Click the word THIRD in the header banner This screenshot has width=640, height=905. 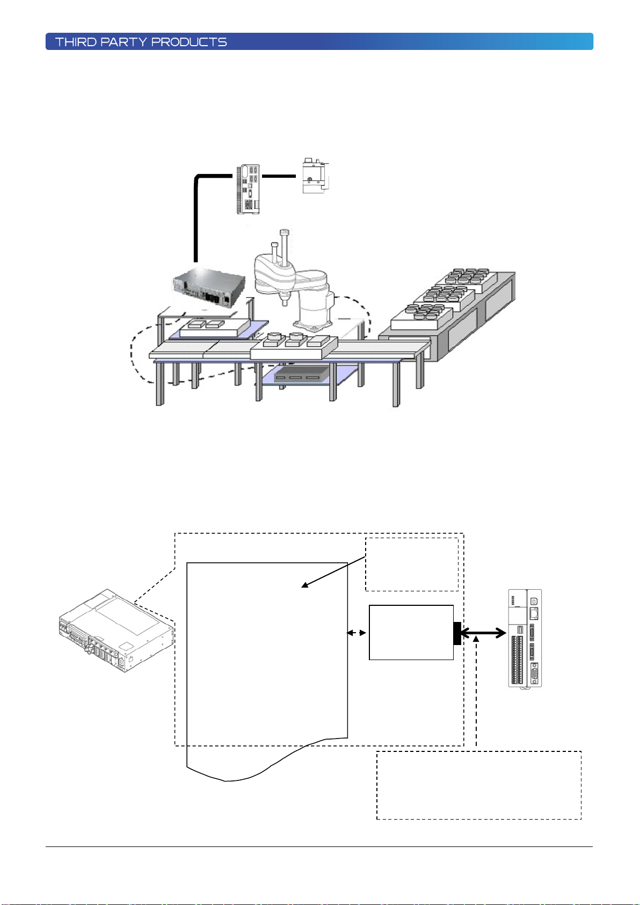tap(76, 42)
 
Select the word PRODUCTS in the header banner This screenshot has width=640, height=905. tap(189, 42)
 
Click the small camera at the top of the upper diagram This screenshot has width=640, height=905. tap(315, 176)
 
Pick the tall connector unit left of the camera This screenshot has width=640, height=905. tap(248, 189)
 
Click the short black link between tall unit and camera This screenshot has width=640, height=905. tap(279, 176)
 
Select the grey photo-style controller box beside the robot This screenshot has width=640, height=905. tap(209, 288)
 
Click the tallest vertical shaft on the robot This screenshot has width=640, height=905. tap(285, 247)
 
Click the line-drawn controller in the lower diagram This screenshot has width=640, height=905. tap(117, 631)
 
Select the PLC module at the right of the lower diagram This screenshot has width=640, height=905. tap(525, 639)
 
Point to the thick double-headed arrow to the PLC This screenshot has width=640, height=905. tap(483, 633)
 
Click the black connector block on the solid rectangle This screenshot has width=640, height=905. tap(457, 633)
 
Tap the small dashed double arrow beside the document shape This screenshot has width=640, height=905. tap(357, 633)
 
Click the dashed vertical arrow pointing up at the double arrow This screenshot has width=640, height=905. tap(476, 691)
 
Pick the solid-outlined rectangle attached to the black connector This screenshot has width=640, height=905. tap(411, 633)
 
